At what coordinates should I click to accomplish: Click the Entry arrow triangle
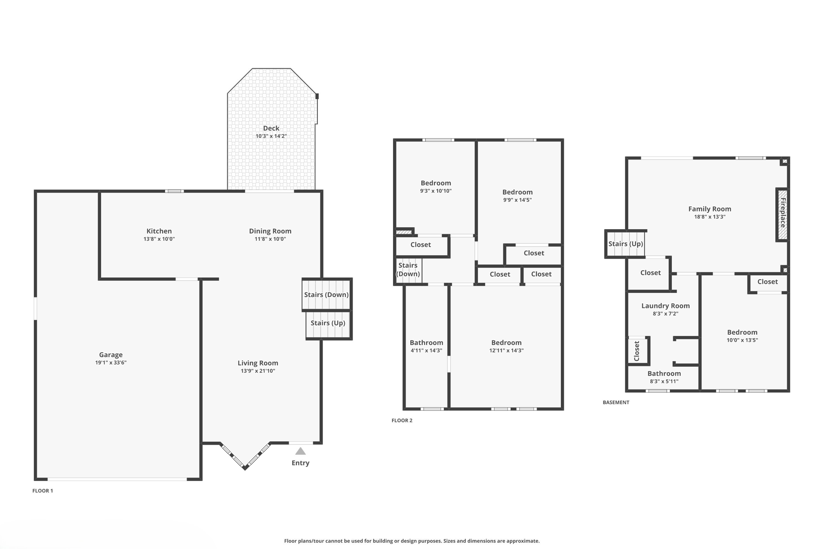coord(301,451)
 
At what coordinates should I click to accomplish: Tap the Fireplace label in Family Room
coord(783,213)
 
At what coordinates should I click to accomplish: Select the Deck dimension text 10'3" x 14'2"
coord(271,136)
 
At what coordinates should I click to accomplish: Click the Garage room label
coord(111,354)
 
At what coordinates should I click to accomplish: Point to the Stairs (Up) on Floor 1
coord(328,323)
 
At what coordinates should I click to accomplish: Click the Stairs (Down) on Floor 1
coord(326,294)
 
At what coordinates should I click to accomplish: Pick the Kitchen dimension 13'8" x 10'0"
coord(159,239)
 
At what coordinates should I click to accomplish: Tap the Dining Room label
coord(270,231)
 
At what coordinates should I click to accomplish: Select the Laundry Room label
coord(665,306)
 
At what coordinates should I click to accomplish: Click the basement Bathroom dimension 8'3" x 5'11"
coord(664,381)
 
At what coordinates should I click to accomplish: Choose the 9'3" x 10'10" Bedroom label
coord(436,183)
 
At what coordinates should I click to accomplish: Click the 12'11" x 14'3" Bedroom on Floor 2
coord(506,343)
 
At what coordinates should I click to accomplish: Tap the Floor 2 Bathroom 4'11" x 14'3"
coord(426,343)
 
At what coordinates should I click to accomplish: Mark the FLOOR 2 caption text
coord(402,420)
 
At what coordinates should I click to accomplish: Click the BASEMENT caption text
coord(616,402)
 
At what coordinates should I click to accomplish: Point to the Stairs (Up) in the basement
coord(625,244)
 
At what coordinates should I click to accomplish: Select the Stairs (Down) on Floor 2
coord(408,269)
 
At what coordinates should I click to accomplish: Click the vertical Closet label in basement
coord(637,351)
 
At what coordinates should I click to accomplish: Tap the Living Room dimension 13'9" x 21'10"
coord(258,371)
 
